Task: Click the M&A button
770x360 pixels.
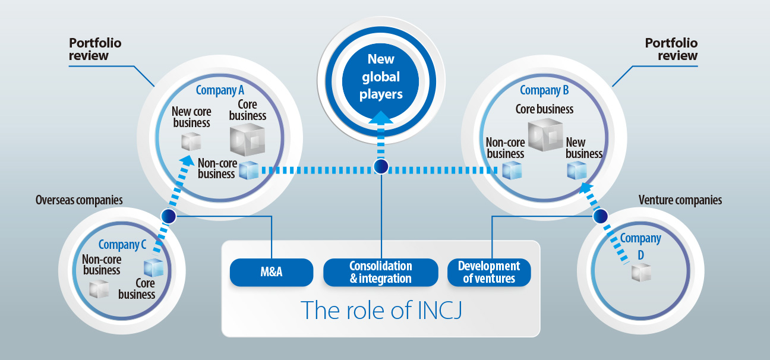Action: [x=271, y=272]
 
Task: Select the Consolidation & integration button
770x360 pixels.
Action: [x=381, y=272]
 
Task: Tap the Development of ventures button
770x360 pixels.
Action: [x=489, y=272]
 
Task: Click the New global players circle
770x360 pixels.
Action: [x=381, y=77]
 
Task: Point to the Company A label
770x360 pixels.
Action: [x=220, y=90]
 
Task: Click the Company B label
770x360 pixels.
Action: [x=544, y=90]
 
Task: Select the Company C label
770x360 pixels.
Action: [x=122, y=245]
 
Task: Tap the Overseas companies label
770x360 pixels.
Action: [x=79, y=200]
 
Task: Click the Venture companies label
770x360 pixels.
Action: [x=680, y=200]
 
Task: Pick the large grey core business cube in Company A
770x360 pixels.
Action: [x=247, y=140]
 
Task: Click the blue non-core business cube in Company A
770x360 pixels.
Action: [x=248, y=171]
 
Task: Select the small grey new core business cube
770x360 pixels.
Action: [x=191, y=141]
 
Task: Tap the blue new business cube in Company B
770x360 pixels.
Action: [x=577, y=170]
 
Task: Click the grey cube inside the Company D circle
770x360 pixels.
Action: [x=641, y=273]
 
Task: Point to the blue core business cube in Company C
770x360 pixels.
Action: [x=153, y=268]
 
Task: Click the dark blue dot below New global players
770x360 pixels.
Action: [x=381, y=167]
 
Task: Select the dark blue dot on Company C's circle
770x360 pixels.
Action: [x=169, y=216]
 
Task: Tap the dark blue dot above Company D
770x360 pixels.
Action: [x=601, y=216]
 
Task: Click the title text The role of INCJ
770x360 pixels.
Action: [x=381, y=310]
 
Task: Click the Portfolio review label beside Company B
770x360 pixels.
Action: [x=671, y=49]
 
